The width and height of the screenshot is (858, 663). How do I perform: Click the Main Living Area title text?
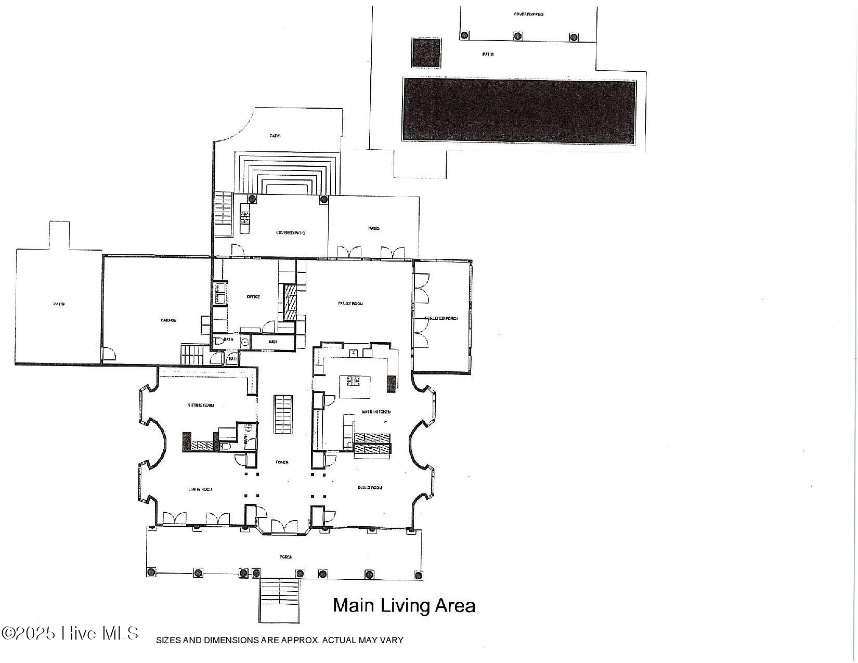(404, 606)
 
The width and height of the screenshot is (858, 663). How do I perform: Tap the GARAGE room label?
(168, 320)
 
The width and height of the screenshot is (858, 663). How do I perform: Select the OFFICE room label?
(253, 296)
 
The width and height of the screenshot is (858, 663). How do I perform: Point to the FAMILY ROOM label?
(350, 303)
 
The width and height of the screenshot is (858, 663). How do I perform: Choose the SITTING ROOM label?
(201, 405)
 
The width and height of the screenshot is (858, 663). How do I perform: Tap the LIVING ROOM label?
(200, 489)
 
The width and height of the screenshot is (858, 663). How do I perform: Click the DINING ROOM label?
(370, 487)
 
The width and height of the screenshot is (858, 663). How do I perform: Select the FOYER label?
(282, 462)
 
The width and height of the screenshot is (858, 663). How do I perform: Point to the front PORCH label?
(285, 557)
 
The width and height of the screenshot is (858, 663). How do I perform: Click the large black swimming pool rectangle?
(519, 110)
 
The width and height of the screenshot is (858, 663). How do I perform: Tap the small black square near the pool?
(426, 53)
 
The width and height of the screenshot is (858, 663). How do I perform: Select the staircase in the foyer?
(283, 414)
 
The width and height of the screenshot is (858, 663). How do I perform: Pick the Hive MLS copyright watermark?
(70, 633)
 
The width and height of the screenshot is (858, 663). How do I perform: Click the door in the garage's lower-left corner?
(108, 355)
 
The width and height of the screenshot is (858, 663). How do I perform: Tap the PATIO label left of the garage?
(59, 304)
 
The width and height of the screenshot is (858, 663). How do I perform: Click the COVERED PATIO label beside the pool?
(528, 15)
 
